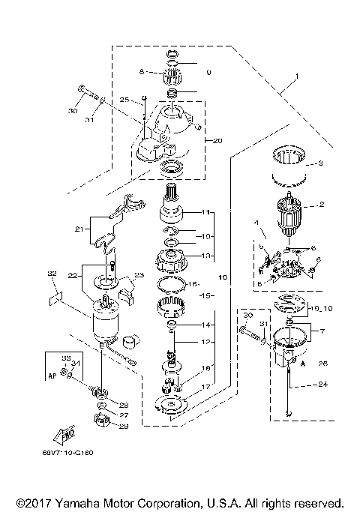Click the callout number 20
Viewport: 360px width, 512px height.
218,140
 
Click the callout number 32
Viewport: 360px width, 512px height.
52,274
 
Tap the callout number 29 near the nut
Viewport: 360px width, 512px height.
124,427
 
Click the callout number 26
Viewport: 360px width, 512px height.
322,364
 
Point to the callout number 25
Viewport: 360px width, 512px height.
124,98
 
